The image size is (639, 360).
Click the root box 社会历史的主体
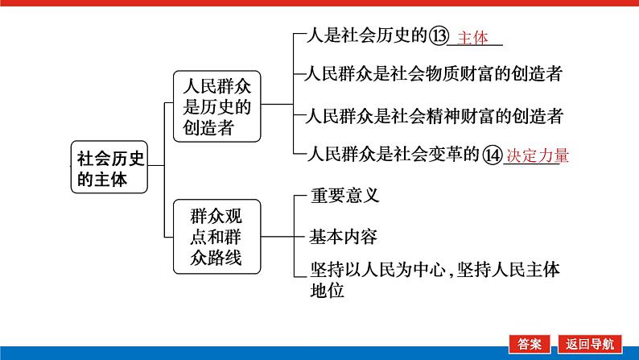109,167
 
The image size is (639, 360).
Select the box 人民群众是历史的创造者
216,106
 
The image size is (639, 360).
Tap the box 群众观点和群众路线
216,237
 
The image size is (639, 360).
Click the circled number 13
439,35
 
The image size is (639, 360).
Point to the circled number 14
493,155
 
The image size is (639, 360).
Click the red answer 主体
472,38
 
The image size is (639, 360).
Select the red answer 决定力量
538,155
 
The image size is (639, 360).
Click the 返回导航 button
590,344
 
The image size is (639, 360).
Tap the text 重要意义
344,195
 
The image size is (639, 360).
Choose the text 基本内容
343,237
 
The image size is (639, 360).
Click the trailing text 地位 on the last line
327,291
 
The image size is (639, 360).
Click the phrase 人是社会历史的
367,35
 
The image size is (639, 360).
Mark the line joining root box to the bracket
156,166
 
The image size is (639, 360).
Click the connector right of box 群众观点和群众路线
278,237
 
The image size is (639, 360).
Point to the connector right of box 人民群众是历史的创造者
277,105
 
